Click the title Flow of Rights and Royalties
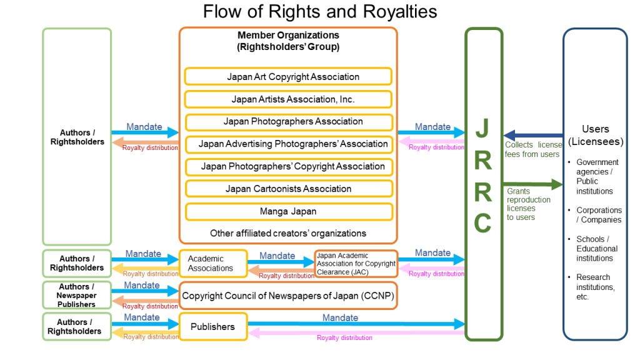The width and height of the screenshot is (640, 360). click(x=319, y=12)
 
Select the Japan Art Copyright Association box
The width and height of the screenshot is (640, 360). click(x=288, y=77)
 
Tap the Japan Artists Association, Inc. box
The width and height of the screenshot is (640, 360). click(x=288, y=99)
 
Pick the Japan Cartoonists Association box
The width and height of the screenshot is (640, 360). click(x=288, y=189)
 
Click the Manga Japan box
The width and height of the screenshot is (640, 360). click(x=288, y=211)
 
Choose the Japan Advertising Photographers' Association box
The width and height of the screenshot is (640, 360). click(x=288, y=144)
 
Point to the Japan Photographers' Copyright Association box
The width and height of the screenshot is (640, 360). click(x=288, y=166)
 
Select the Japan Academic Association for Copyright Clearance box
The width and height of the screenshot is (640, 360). click(x=356, y=264)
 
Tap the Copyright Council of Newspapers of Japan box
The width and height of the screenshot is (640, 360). click(x=288, y=296)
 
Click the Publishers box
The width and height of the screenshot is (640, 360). click(x=213, y=326)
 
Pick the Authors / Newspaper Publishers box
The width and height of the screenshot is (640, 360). click(x=76, y=296)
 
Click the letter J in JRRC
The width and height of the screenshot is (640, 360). click(x=483, y=128)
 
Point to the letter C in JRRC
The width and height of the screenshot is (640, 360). click(x=483, y=222)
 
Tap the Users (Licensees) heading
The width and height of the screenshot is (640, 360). click(x=595, y=135)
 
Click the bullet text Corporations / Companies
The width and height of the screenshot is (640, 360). click(x=599, y=215)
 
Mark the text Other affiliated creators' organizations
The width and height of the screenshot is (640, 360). click(x=288, y=233)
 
